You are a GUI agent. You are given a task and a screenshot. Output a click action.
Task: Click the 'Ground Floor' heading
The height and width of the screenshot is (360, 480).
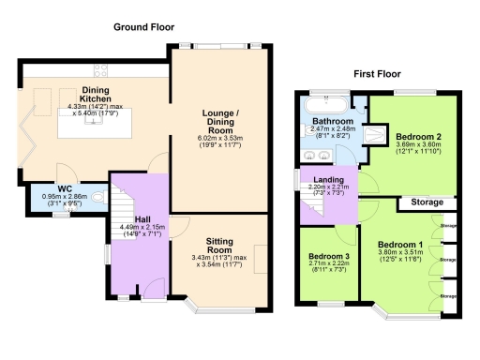(x=145, y=27)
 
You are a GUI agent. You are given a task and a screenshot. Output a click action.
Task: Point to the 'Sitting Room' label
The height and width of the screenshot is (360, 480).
(x=219, y=246)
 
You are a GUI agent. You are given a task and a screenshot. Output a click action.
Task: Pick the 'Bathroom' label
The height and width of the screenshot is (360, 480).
(x=333, y=123)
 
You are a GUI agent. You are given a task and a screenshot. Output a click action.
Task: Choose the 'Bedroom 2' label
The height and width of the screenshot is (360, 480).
(x=412, y=135)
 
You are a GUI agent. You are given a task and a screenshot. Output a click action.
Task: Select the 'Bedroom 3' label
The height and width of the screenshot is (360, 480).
(x=328, y=256)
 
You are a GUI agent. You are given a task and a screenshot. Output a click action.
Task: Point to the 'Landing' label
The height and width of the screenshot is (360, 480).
(x=327, y=180)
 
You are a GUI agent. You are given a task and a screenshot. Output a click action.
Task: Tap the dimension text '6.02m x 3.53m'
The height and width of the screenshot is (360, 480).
(x=220, y=139)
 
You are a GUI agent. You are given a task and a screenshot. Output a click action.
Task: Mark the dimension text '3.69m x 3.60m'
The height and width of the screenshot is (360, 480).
(x=412, y=144)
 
